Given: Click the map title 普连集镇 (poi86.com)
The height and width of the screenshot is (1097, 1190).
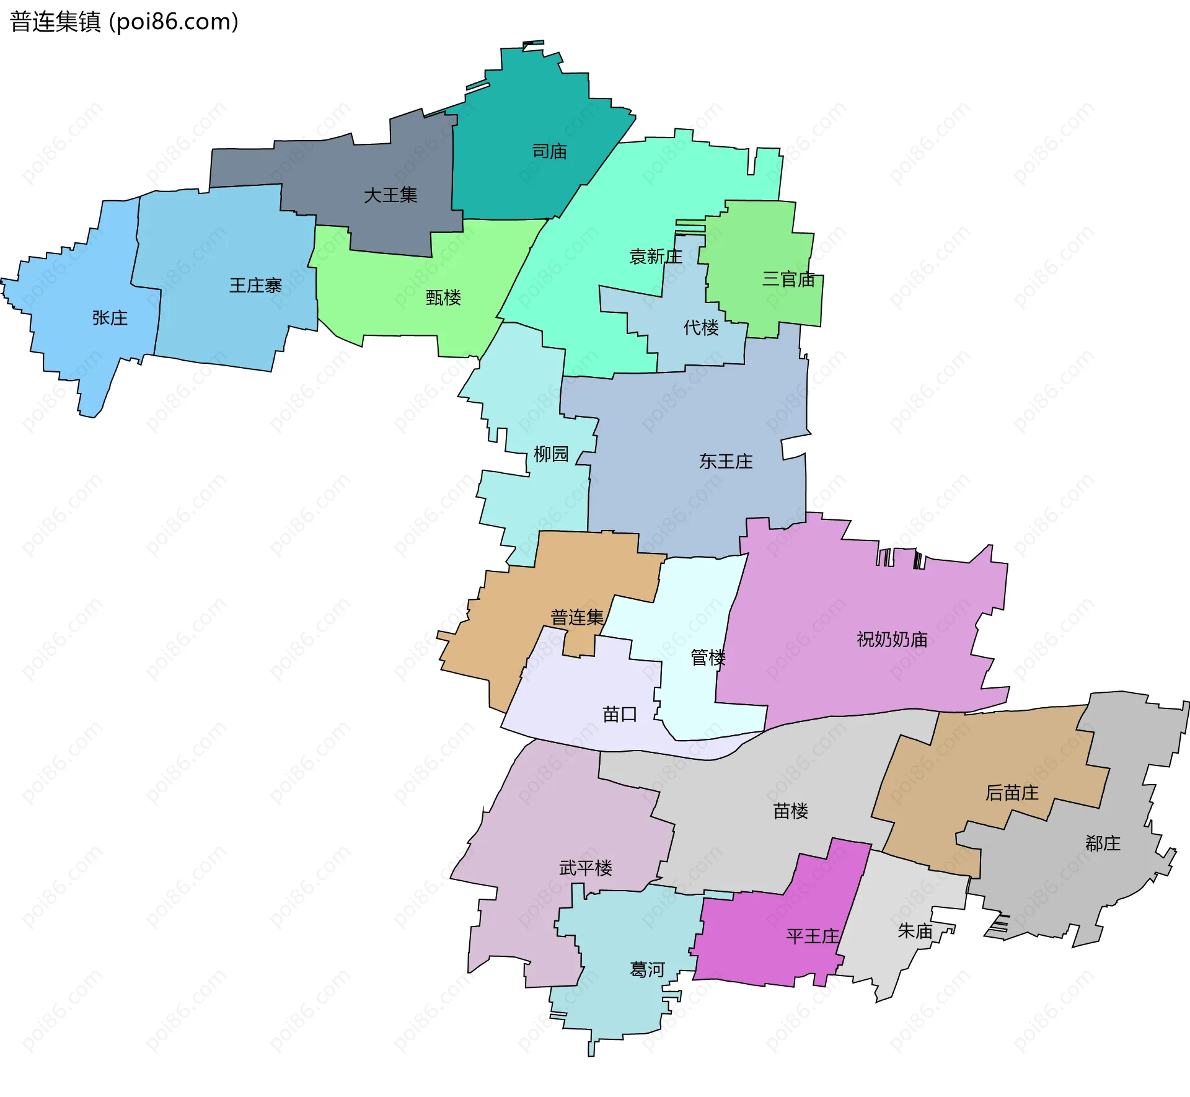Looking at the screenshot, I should coord(124,22).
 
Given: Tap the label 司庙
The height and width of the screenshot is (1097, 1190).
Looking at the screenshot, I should coord(549,151).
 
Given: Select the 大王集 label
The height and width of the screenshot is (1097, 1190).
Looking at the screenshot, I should coord(390,195).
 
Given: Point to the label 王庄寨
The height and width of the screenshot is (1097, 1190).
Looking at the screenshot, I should coord(255,285).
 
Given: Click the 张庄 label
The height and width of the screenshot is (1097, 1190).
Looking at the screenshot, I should coord(110,318).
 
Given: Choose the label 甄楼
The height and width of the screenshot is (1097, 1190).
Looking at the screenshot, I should coord(443,297).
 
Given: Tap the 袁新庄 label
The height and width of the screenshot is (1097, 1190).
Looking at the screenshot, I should coord(656,257).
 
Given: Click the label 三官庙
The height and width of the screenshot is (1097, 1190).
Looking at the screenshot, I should coord(788,279).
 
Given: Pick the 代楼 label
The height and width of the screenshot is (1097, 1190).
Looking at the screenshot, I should coord(701,327).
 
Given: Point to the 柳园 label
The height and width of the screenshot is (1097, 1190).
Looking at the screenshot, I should coord(551,454).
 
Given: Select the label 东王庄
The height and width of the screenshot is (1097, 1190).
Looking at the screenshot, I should coord(726,461).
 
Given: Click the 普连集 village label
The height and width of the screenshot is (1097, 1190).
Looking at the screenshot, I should coord(577,617).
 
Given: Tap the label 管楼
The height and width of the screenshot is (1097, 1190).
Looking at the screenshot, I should coord(708,657).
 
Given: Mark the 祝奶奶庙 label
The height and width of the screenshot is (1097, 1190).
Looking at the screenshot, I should coord(892,639).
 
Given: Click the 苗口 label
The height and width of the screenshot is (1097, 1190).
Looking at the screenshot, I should coord(620,714).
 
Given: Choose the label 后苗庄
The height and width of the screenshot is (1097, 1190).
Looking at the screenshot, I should coord(1012,793).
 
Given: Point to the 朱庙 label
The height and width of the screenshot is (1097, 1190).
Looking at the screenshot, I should coord(915,931).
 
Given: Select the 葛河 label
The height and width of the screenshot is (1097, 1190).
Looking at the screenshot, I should coord(647,969).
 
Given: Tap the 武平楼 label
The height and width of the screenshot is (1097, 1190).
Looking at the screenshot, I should coord(586,868).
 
